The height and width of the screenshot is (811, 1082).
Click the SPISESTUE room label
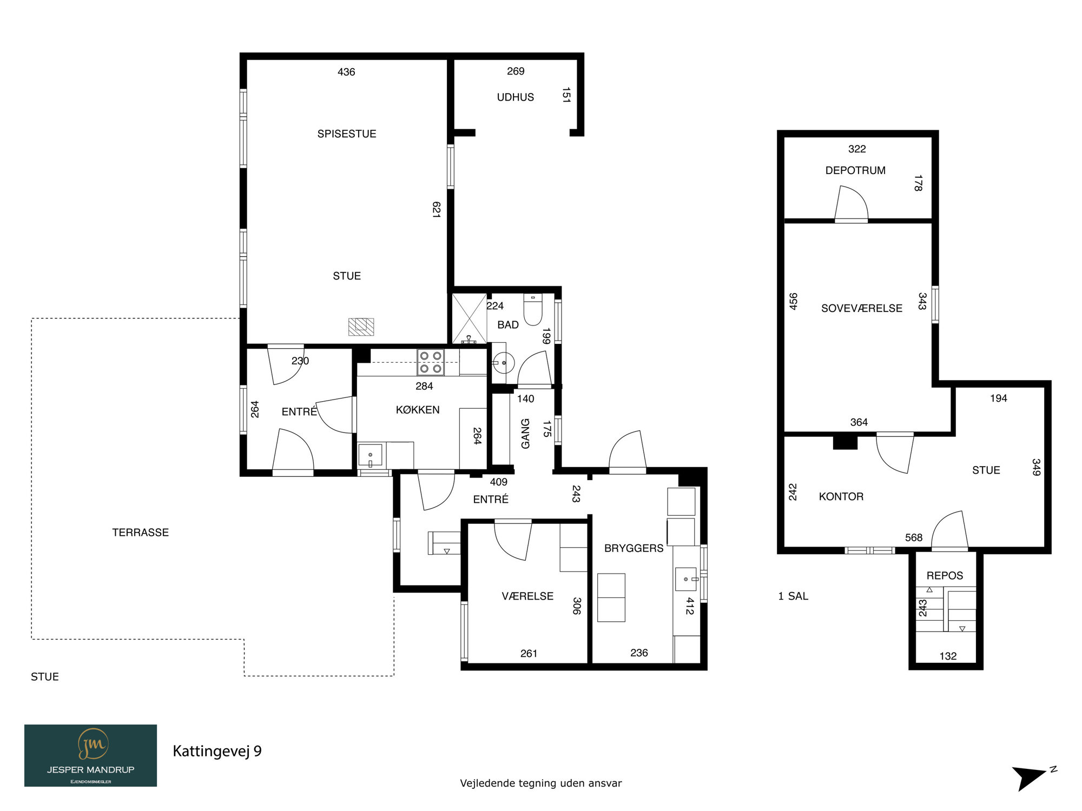point(347,134)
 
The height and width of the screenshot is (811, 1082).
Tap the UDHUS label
point(516,97)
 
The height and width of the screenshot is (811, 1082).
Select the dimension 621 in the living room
point(436,209)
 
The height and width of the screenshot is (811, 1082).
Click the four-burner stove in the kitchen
point(431,362)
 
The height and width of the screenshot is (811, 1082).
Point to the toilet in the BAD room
point(533,309)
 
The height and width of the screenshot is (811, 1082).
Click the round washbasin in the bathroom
point(504,363)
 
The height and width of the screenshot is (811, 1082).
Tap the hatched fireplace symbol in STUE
point(361,327)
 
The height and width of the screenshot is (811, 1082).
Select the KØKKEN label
point(418,410)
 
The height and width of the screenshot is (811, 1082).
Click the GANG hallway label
point(525,434)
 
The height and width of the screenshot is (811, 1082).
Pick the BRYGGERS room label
point(634,548)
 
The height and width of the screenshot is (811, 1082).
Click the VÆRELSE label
point(527,596)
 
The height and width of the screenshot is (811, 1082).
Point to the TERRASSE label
point(141,533)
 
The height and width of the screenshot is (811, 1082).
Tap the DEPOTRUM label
point(855,170)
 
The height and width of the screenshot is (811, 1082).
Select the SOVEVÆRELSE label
point(862,308)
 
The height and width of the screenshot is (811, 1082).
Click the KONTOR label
point(841,496)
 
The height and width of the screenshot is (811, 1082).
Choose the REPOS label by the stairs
point(945,576)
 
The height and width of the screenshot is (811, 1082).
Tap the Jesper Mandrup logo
point(90,755)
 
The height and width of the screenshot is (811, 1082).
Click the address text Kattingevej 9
point(217,751)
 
